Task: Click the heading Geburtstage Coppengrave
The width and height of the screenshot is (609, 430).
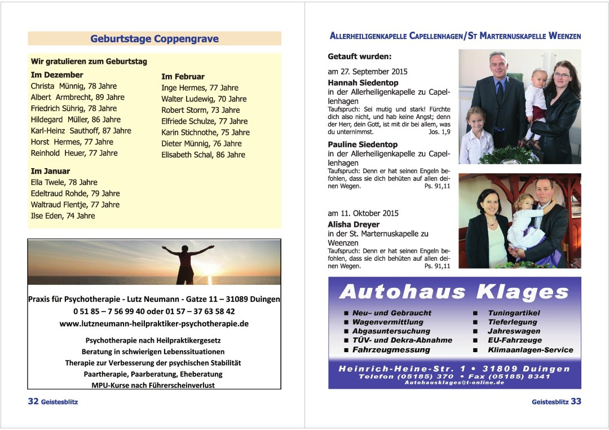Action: (x=154, y=39)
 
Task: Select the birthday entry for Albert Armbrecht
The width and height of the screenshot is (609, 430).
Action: (x=77, y=97)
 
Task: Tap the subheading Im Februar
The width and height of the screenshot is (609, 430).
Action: (x=183, y=76)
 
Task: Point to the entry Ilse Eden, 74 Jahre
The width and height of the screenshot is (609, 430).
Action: (x=63, y=216)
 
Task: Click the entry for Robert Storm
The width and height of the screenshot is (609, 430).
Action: (x=200, y=110)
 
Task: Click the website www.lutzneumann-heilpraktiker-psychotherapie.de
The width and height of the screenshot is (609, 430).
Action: (x=154, y=323)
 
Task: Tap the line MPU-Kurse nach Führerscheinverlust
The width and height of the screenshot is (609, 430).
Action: (x=153, y=385)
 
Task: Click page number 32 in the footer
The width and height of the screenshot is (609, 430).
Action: (x=33, y=402)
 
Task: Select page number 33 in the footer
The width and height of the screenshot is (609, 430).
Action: (x=576, y=402)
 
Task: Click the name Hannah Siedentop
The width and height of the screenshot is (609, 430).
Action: (x=363, y=82)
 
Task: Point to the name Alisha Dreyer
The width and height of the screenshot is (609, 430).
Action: (x=354, y=224)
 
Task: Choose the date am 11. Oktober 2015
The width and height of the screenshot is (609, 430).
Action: (x=363, y=213)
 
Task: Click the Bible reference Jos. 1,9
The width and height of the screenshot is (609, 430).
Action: (x=439, y=131)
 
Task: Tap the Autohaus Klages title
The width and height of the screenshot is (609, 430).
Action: (x=454, y=292)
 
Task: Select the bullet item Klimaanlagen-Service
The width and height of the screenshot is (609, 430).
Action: (x=530, y=350)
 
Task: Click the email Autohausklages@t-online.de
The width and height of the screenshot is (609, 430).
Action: (x=454, y=383)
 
